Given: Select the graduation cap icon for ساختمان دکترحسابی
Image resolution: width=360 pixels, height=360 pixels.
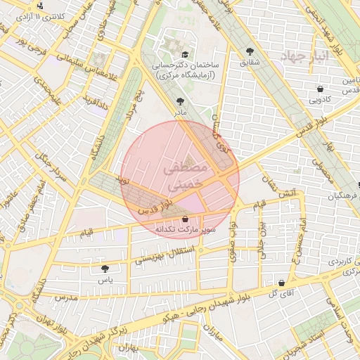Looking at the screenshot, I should (184, 54).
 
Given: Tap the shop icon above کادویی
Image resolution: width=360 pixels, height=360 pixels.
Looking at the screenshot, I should (321, 89).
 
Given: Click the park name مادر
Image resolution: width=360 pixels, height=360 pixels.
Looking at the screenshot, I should (181, 112).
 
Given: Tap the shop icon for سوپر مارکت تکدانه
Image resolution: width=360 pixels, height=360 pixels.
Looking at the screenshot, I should (184, 220).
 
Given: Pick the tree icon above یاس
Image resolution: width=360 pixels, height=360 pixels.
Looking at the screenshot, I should (105, 269).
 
